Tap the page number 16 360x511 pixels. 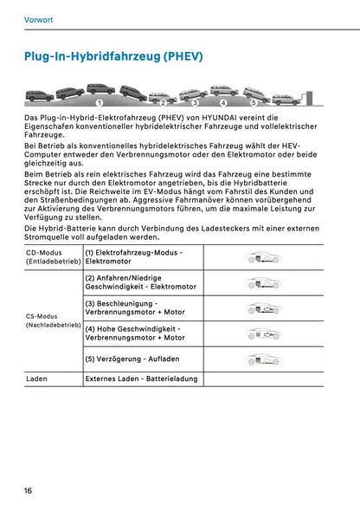point(29,491)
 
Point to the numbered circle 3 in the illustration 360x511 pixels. point(194,103)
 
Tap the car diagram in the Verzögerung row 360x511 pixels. point(263,359)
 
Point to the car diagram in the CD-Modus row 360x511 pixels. point(263,257)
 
